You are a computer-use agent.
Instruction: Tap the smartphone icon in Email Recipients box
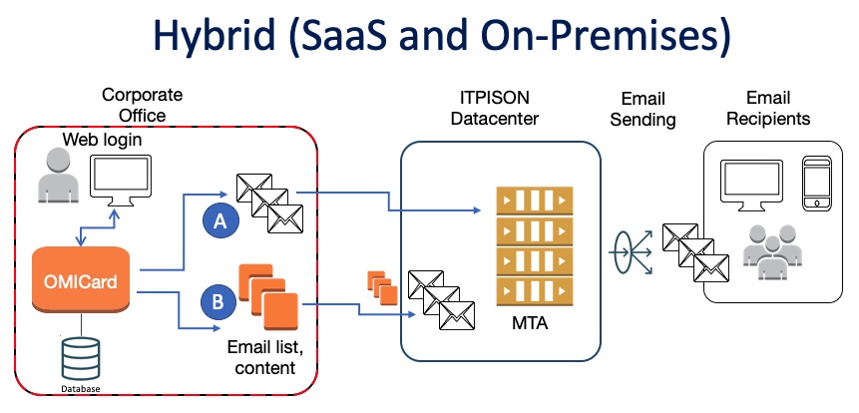[815, 181]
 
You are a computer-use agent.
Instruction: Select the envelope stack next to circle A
[268, 204]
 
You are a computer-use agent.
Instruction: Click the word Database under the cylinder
[81, 389]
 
